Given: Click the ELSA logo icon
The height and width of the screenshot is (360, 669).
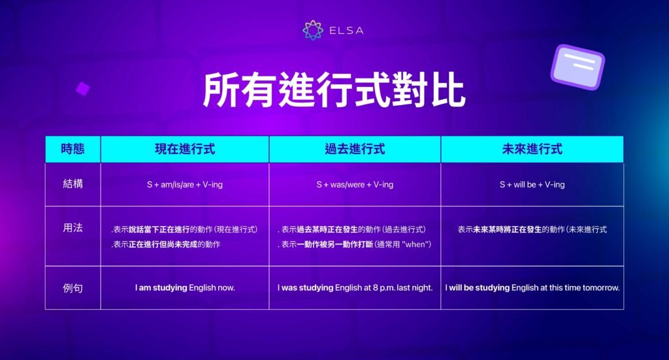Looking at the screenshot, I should (x=313, y=30).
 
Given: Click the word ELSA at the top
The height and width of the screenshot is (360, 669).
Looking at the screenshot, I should (x=346, y=30).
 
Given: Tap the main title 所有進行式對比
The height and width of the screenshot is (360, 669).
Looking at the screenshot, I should (x=334, y=90).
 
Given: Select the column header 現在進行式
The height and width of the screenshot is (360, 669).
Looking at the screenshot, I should (x=184, y=149).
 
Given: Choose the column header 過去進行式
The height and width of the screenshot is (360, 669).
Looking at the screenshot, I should (x=355, y=149).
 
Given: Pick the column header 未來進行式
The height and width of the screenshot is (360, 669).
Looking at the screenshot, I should (x=532, y=149).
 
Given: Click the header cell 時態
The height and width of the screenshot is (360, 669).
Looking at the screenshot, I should (x=73, y=149).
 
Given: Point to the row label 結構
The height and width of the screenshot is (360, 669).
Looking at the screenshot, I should (x=73, y=184).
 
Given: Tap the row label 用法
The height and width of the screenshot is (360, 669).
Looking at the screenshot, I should (x=73, y=229).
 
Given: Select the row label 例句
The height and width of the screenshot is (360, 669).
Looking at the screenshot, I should (x=73, y=286).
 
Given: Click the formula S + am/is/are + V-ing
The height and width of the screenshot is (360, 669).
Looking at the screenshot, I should (x=184, y=185).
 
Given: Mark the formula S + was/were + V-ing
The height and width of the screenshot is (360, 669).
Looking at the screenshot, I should (x=355, y=185).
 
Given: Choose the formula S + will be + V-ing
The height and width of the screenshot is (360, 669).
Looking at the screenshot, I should (x=532, y=185).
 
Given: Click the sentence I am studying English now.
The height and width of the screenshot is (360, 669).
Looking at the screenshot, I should (x=184, y=287).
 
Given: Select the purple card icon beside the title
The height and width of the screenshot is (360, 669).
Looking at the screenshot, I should (x=577, y=67).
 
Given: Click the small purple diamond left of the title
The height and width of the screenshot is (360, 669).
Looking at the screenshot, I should (x=82, y=88).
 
